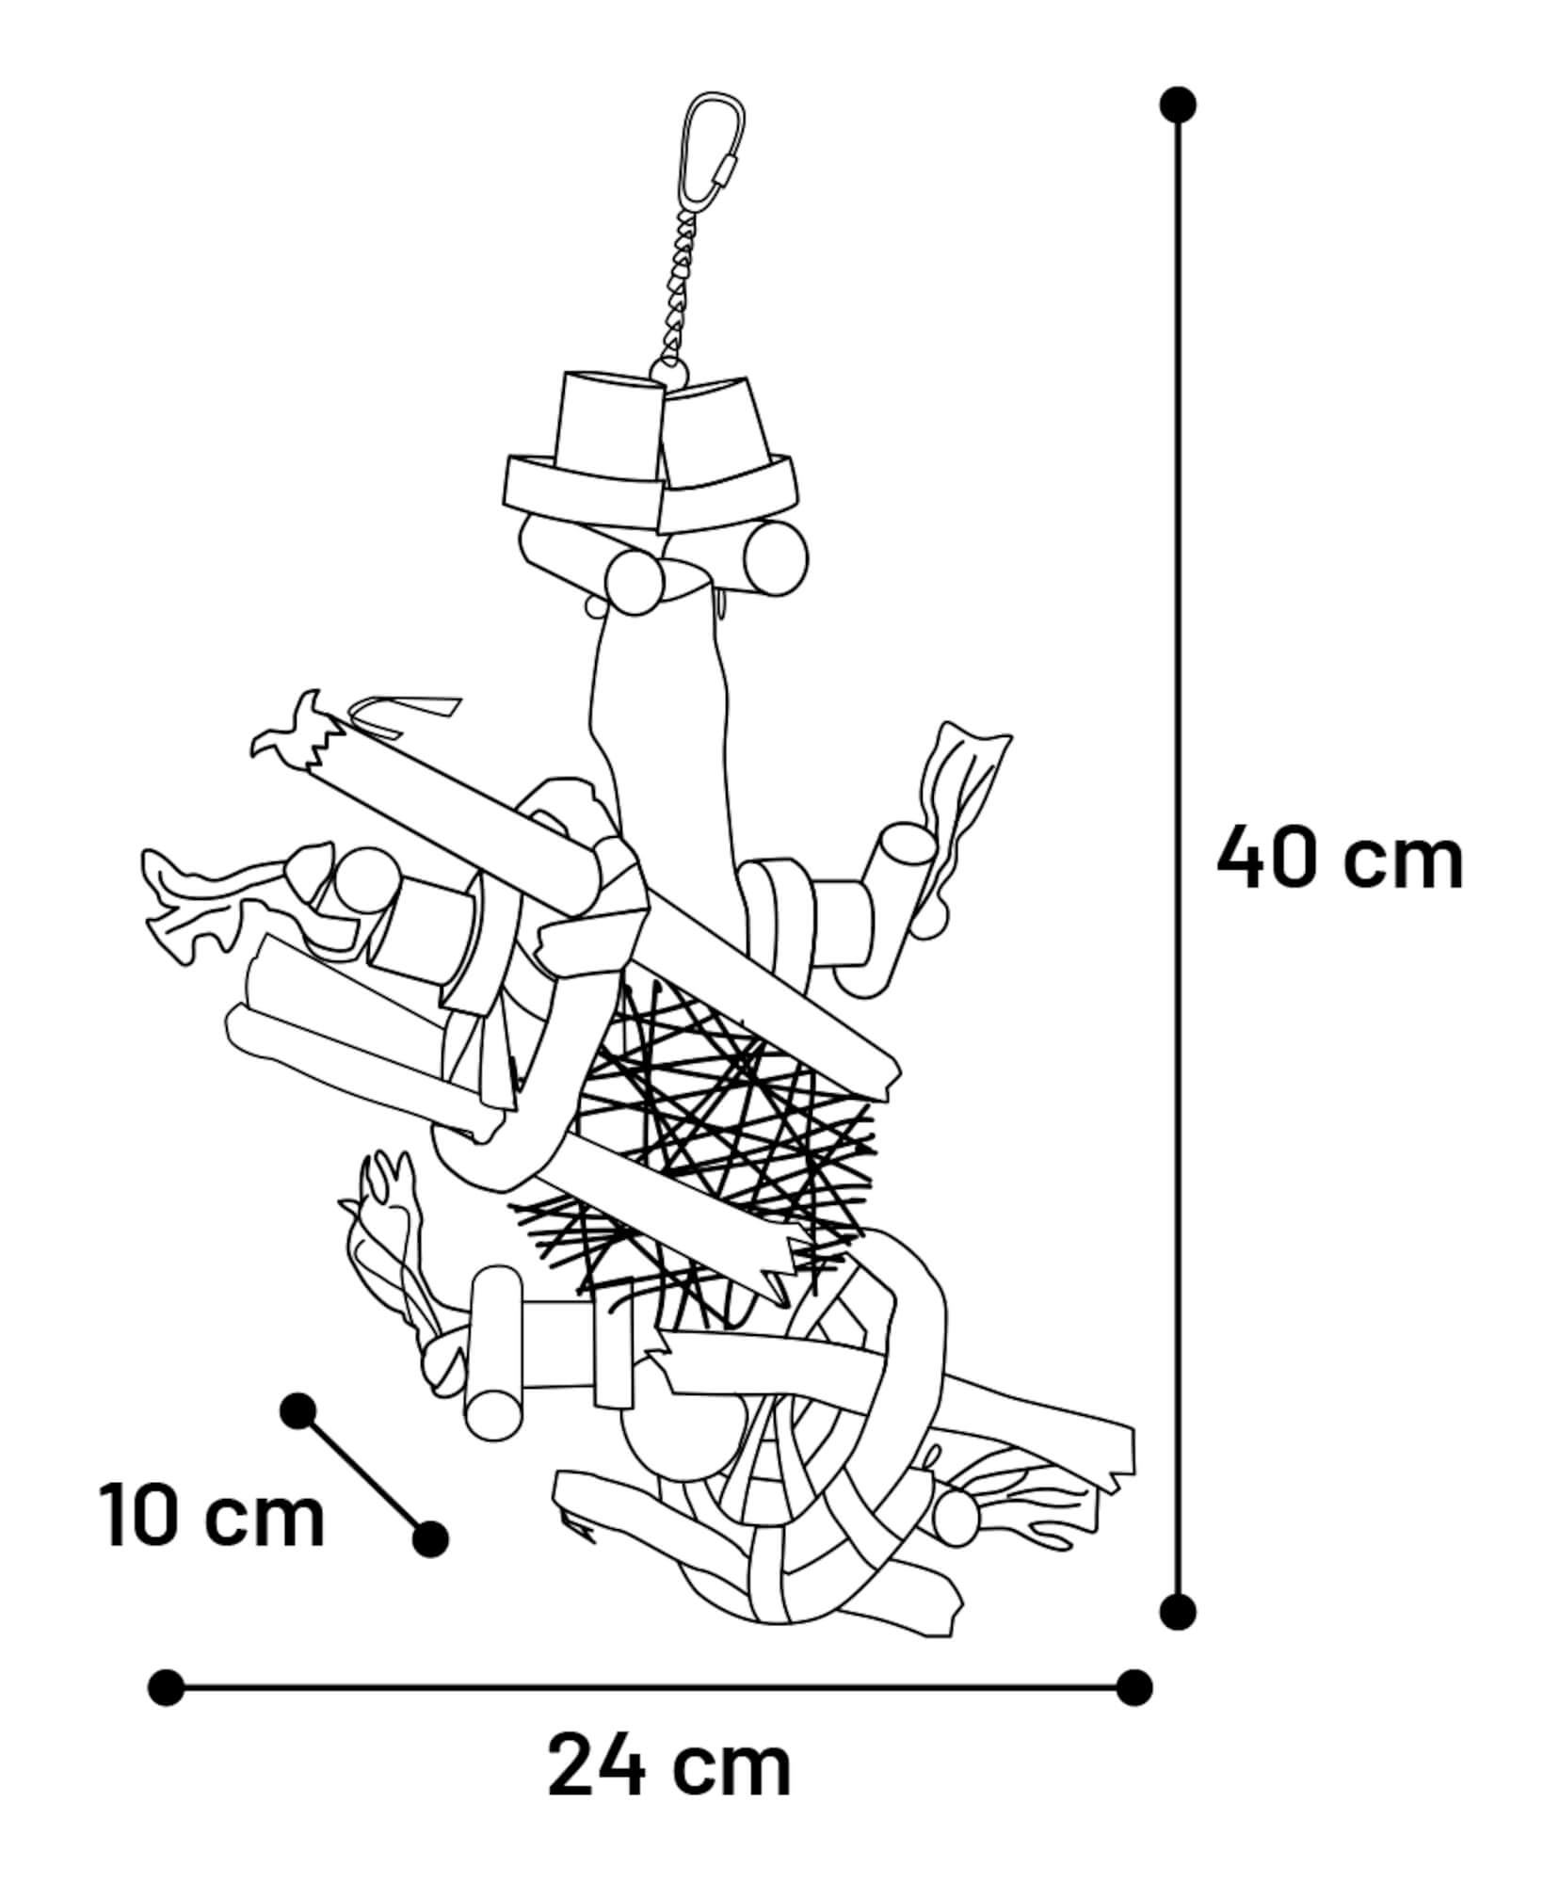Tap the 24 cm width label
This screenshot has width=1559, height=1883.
click(x=669, y=1768)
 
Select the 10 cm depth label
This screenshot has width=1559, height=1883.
click(x=213, y=1515)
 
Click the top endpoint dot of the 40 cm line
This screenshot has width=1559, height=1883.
click(x=1178, y=105)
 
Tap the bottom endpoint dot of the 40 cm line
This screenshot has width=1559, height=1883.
click(x=1178, y=1612)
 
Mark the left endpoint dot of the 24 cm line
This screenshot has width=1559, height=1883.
click(x=167, y=1687)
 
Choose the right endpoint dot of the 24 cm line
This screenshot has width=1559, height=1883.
click(x=1133, y=1687)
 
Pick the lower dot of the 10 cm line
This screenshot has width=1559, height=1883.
click(x=430, y=1539)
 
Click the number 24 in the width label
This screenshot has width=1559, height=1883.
click(x=597, y=1768)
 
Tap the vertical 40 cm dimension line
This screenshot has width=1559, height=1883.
click(x=1178, y=858)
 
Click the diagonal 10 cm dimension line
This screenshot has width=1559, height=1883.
click(x=363, y=1474)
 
